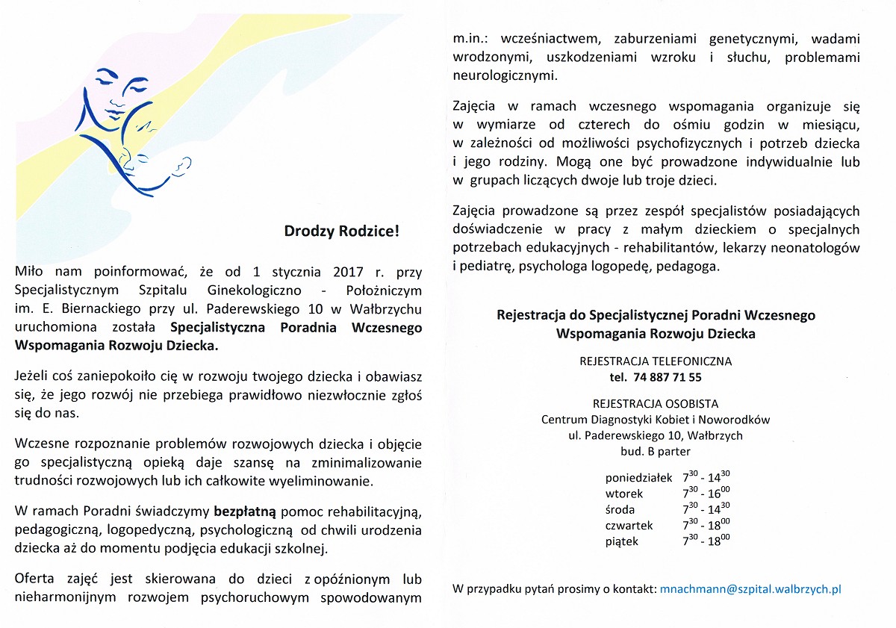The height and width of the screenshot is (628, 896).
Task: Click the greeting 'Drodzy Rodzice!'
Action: click(x=342, y=231)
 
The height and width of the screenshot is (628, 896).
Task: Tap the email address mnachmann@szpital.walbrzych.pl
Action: click(x=750, y=589)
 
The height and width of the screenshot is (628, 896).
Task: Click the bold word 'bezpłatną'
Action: click(x=246, y=512)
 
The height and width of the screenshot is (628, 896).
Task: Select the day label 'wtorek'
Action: click(x=624, y=494)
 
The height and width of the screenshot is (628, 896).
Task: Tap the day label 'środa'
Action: click(x=620, y=510)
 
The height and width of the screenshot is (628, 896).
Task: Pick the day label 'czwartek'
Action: click(x=629, y=526)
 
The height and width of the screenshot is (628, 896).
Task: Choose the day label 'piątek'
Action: click(x=622, y=542)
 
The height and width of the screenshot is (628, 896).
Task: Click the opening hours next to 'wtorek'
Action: click(x=706, y=493)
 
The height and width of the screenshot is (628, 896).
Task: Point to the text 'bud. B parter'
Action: click(x=656, y=452)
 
